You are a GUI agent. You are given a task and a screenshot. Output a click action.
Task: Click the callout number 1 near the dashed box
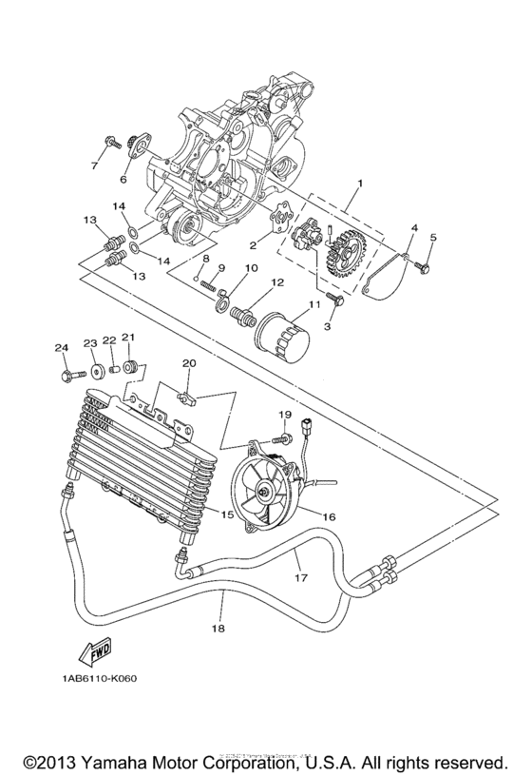tap(359, 182)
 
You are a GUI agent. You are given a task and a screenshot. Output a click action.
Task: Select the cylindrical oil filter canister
tap(282, 338)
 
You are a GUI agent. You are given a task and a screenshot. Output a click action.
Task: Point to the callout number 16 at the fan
tap(329, 517)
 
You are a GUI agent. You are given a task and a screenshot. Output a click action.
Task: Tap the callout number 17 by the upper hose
tap(301, 576)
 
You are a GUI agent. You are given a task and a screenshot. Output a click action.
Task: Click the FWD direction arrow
tap(98, 652)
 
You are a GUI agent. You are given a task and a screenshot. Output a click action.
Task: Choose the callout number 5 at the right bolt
tap(432, 237)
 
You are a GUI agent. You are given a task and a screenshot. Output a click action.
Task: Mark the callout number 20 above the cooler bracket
tap(189, 362)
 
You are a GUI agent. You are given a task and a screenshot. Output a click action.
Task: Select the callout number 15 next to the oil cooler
tap(228, 514)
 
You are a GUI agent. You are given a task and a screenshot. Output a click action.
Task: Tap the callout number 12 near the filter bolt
tap(277, 283)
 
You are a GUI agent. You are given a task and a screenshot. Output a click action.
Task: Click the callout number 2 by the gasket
tap(252, 245)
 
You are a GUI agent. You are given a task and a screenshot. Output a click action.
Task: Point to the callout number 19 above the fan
tap(283, 416)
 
